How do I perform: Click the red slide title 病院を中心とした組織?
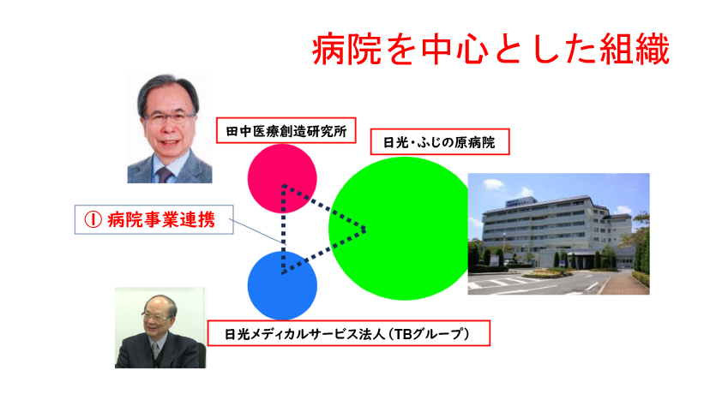coord(490,49)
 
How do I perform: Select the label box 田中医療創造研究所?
coord(286,130)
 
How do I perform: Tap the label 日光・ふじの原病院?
coord(440,142)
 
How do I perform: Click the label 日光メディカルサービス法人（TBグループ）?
coord(349,333)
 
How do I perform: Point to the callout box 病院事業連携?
coord(154,219)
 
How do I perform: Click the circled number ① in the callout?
coord(93,220)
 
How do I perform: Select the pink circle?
coord(282,178)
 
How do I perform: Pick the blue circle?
coord(282,285)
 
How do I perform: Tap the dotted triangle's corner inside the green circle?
coord(365,229)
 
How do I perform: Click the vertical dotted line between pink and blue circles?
coord(283,229)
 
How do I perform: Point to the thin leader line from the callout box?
coord(256,231)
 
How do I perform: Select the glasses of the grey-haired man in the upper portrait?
coord(170,118)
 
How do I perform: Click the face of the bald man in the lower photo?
coord(158,316)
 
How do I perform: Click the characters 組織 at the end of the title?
coord(635,49)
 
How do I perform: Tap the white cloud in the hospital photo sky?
coord(494,184)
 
